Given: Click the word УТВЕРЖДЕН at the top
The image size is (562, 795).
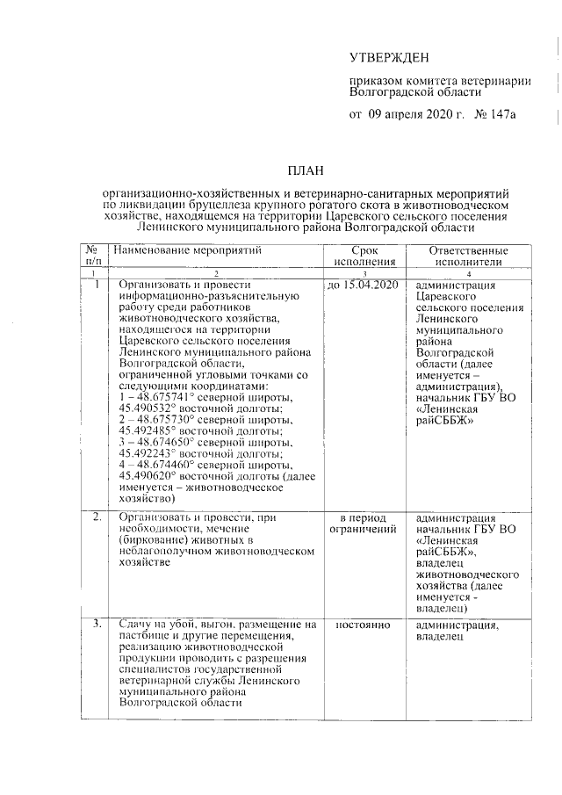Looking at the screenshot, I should (390, 59).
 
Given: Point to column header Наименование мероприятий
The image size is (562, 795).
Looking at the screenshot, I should (188, 250).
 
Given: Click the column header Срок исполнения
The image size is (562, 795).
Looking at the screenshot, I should (363, 256).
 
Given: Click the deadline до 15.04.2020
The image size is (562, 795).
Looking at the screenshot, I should (363, 285).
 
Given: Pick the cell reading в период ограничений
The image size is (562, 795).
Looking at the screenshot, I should (363, 523).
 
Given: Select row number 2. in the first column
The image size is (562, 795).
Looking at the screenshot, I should (97, 517).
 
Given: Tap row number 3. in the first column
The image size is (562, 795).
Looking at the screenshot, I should (97, 625).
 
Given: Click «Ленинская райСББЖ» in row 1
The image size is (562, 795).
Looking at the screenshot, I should (448, 415).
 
